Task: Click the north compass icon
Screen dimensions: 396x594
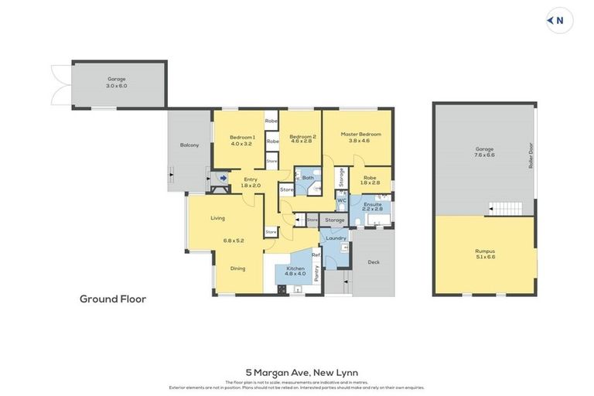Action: point(559,21)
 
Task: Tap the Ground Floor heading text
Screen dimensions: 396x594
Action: point(113,299)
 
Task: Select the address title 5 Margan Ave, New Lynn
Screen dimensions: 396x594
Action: point(296,373)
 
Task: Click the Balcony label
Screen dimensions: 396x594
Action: point(189,145)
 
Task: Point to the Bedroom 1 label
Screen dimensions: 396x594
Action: point(242,140)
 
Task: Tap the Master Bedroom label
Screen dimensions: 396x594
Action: point(360,137)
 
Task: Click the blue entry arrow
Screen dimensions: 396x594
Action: point(223,179)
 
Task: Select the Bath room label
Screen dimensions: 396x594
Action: point(308,178)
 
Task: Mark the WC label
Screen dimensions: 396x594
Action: point(340,200)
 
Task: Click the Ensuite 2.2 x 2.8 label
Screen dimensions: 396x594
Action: point(372,207)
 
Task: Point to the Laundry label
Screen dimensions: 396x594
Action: point(336,237)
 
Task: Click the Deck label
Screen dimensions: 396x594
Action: point(374,261)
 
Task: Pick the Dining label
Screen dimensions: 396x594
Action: point(237,268)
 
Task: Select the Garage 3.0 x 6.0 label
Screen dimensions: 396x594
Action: point(117,81)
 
